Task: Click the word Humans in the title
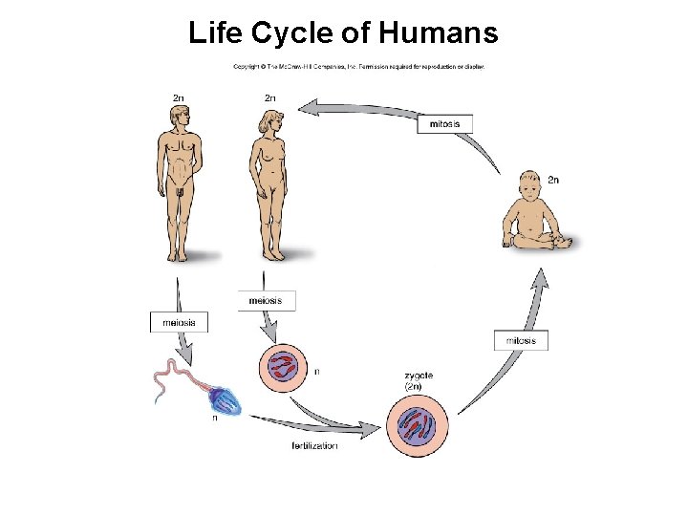[x=439, y=33]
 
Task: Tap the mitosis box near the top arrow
[x=444, y=123]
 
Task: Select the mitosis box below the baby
[x=521, y=340]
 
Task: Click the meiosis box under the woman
[x=267, y=300]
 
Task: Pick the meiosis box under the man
[x=179, y=322]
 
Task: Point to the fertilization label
[x=314, y=446]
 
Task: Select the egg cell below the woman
[x=285, y=369]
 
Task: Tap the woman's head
[x=269, y=123]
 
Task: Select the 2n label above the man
[x=179, y=97]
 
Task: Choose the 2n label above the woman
[x=270, y=97]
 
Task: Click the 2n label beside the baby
[x=553, y=180]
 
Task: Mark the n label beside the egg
[x=317, y=371]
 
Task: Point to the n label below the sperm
[x=214, y=418]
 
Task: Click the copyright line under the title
[x=359, y=67]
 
